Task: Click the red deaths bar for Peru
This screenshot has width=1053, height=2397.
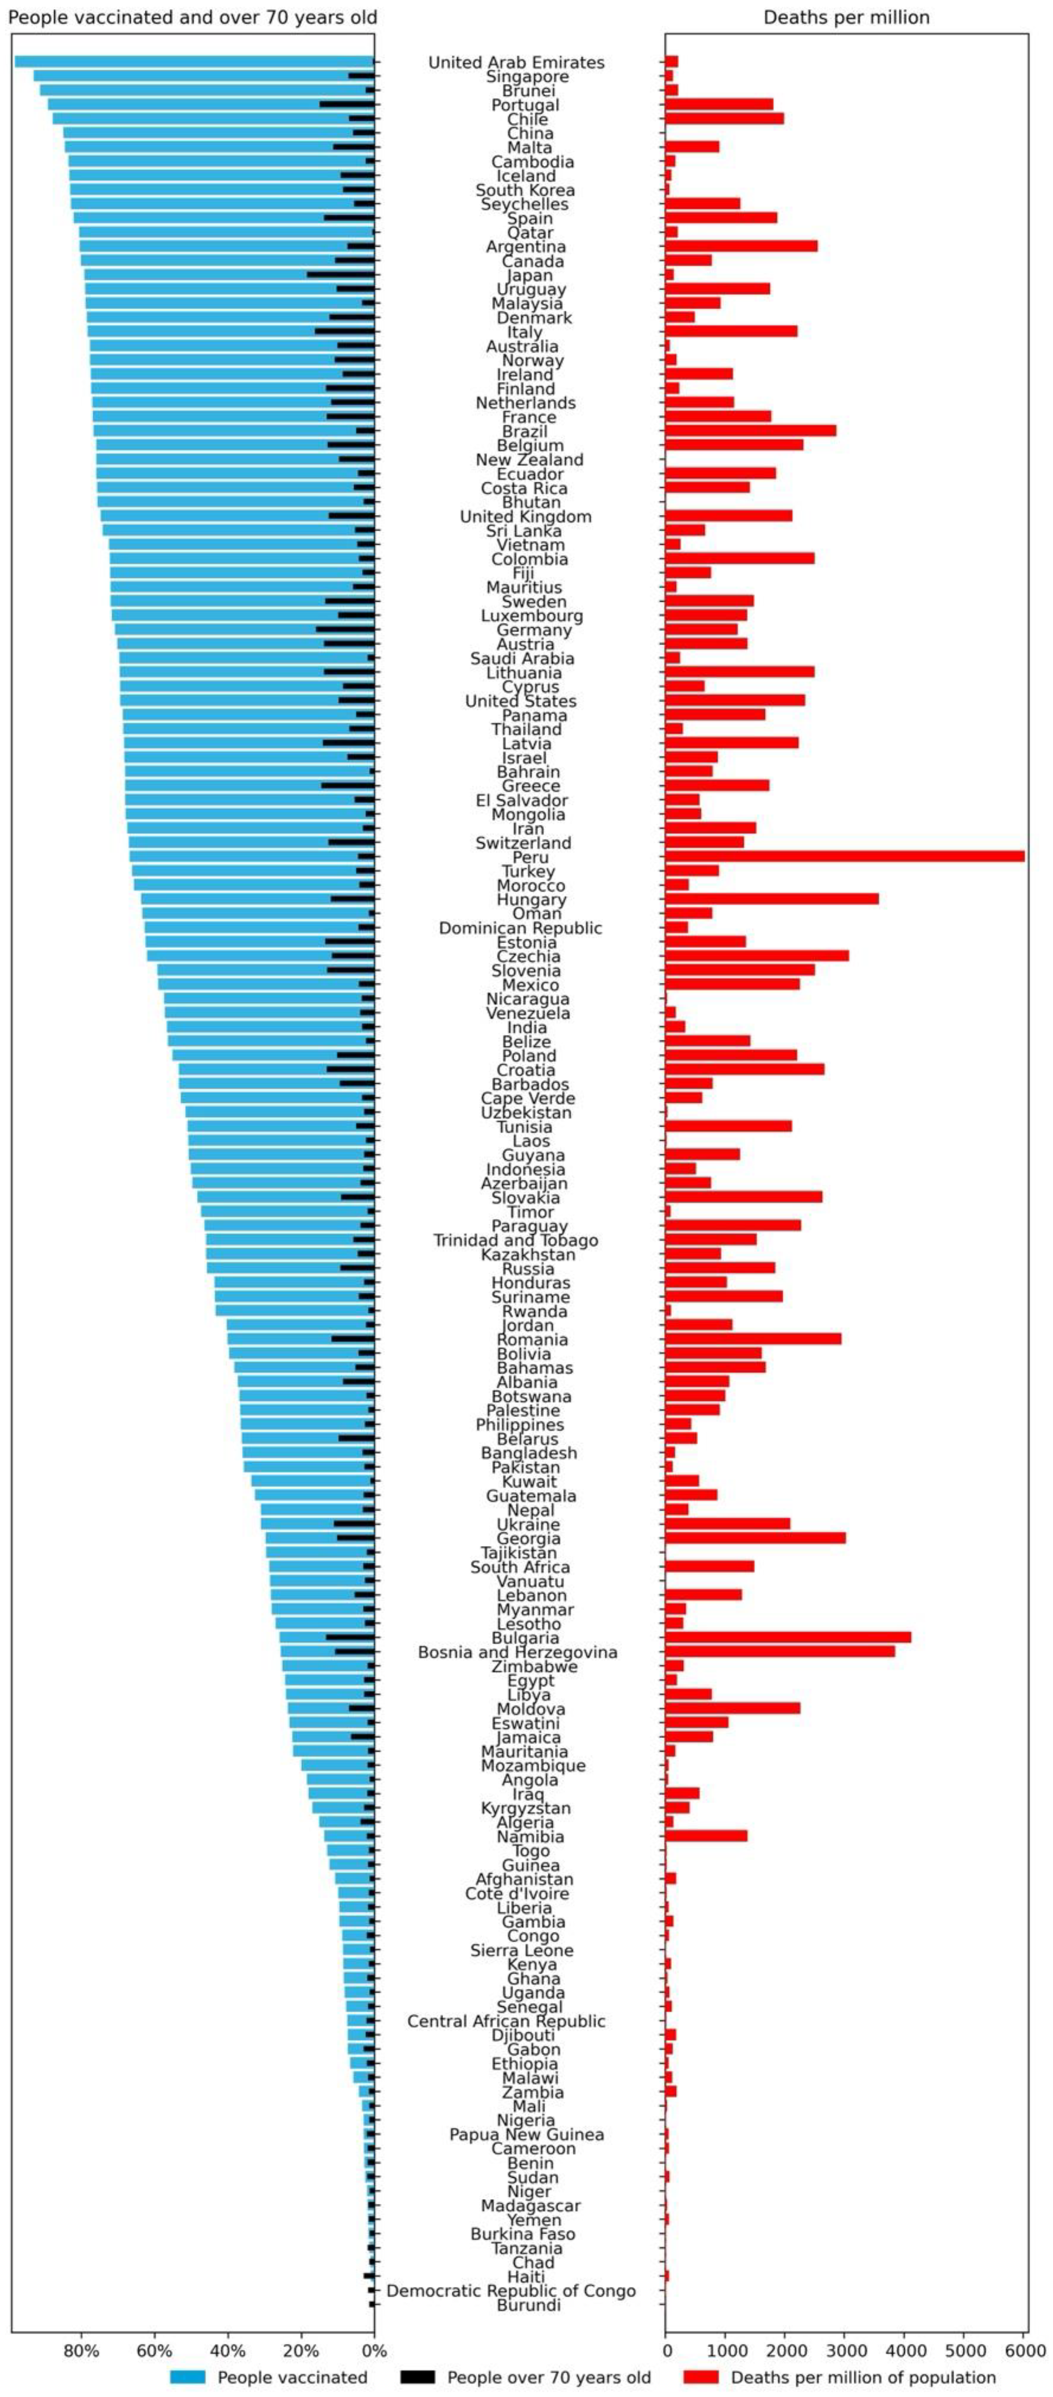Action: tap(845, 856)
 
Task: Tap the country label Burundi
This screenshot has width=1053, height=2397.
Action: tap(528, 2305)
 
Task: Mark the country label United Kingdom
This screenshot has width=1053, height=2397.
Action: tap(526, 516)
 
